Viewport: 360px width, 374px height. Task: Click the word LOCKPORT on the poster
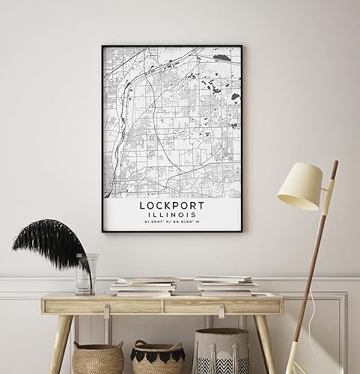coord(171,203)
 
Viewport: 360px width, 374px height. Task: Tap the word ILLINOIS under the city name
coord(171,212)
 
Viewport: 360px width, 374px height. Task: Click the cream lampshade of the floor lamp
coord(299,186)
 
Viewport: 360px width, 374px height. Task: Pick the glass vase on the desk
coord(85,274)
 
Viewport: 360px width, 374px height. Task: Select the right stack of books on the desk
coord(225,285)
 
